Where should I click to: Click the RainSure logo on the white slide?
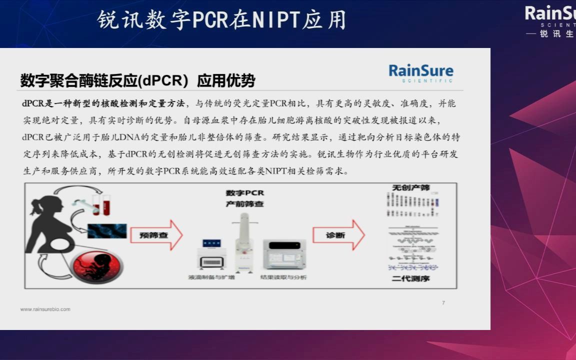(x=420, y=72)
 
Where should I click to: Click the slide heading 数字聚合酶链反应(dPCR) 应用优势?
(x=137, y=80)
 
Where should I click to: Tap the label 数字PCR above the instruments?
(x=244, y=193)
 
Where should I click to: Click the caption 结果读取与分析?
(x=283, y=277)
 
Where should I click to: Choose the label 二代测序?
(x=410, y=278)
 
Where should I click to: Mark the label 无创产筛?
(x=410, y=187)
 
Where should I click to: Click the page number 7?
(x=443, y=303)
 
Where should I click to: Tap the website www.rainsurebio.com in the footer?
(x=45, y=309)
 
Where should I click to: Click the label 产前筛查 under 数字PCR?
(x=244, y=203)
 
